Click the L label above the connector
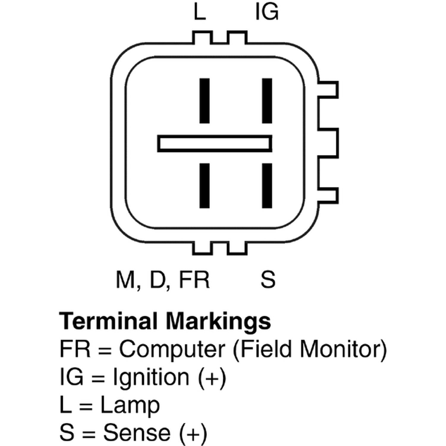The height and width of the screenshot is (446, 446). point(200,12)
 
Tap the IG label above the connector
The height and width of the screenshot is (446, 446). point(267,12)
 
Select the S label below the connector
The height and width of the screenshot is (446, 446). point(268,279)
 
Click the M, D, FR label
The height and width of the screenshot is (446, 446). point(163,280)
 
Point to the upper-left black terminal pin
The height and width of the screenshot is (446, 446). point(204,100)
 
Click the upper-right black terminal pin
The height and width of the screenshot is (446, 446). point(267,100)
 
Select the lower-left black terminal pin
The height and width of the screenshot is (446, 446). point(204,186)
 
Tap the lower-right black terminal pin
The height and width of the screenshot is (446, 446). point(267,186)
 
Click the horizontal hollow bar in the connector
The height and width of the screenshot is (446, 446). point(215,144)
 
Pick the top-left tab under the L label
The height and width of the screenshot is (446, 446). point(203,37)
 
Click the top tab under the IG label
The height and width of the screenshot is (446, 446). point(237,37)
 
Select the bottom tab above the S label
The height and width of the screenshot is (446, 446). point(237,248)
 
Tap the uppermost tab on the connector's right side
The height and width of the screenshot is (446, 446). point(328,89)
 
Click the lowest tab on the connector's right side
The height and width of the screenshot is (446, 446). point(328,196)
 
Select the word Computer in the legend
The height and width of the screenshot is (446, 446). point(172,349)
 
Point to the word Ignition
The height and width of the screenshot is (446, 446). point(151,377)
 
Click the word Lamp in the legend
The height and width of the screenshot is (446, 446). point(130,405)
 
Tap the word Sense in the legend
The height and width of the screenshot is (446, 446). point(137,433)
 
